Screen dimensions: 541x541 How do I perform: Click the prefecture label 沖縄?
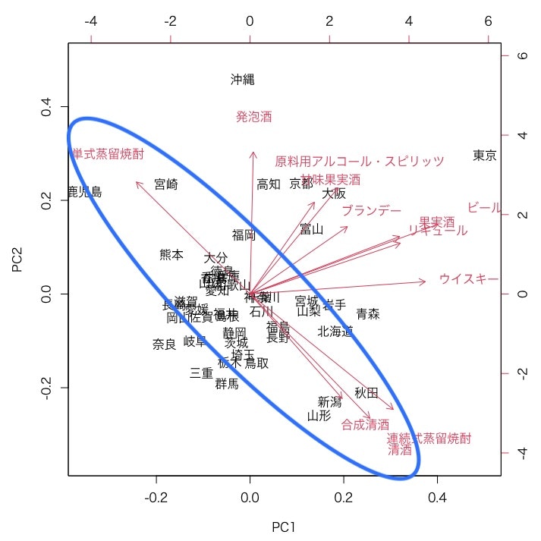click(x=243, y=80)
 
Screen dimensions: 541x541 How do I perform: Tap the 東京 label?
click(x=484, y=156)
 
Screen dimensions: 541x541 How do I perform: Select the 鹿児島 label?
click(x=84, y=192)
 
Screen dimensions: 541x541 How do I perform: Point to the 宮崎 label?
click(x=165, y=184)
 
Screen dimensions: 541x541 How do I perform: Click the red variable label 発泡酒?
click(x=253, y=117)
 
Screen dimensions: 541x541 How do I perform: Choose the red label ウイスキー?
click(x=468, y=279)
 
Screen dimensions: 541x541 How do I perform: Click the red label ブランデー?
click(x=371, y=210)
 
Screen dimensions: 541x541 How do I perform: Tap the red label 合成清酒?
click(x=365, y=424)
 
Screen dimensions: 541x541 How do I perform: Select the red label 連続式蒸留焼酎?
click(x=429, y=439)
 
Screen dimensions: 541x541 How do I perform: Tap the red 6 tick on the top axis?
click(x=488, y=22)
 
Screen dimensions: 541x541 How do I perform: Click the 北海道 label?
click(x=335, y=331)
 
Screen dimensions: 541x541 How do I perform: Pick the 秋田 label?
click(x=366, y=393)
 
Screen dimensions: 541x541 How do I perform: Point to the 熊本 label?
click(x=171, y=255)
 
